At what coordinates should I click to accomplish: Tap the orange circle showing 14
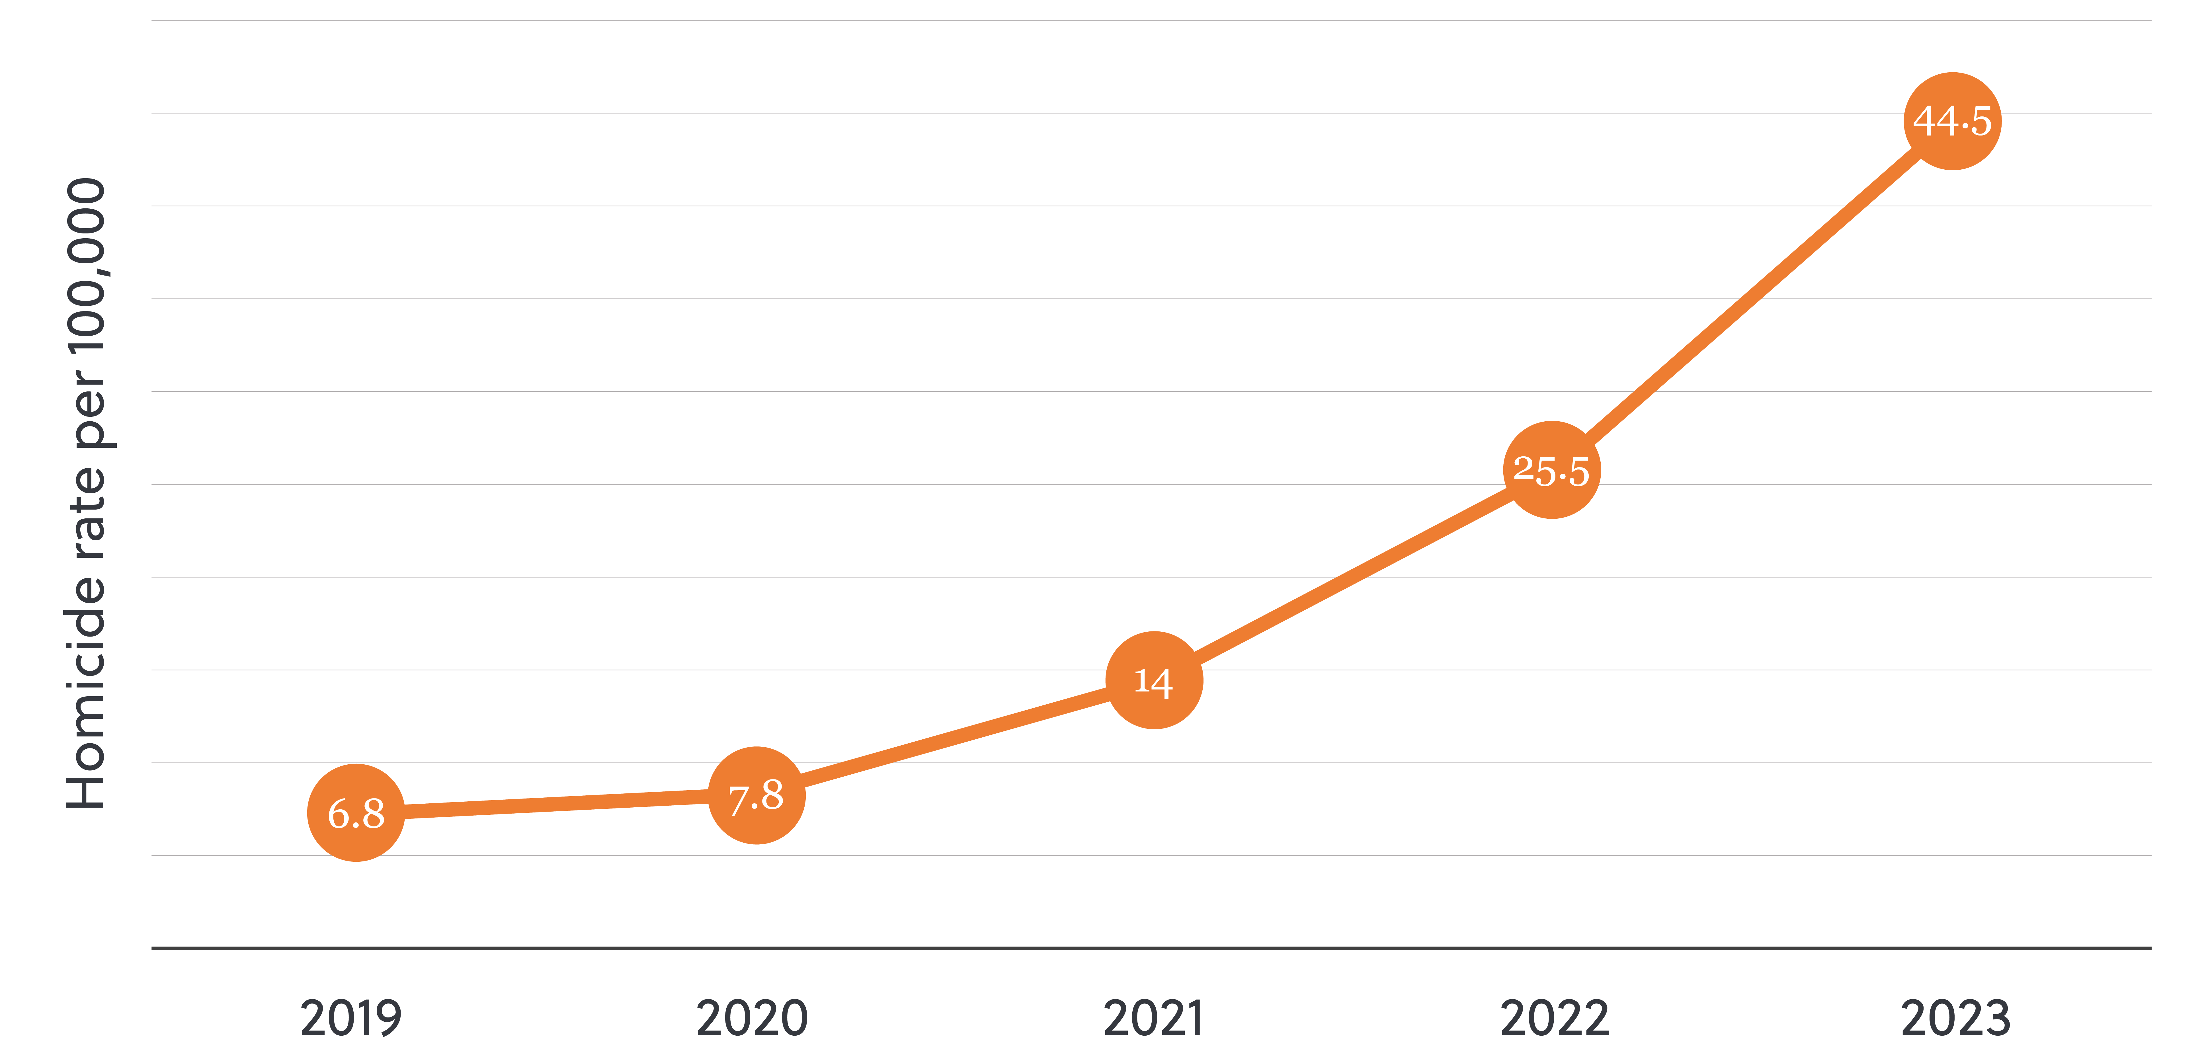pyautogui.click(x=1154, y=680)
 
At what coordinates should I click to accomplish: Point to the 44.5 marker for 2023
pyautogui.click(x=1952, y=121)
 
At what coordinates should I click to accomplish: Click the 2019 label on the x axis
pyautogui.click(x=350, y=1019)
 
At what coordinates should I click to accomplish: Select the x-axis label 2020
pyautogui.click(x=751, y=1019)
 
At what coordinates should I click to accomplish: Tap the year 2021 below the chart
pyautogui.click(x=1153, y=1019)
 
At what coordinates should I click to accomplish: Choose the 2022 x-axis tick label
pyautogui.click(x=1554, y=1019)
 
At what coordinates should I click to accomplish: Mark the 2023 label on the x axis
pyautogui.click(x=1955, y=1019)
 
